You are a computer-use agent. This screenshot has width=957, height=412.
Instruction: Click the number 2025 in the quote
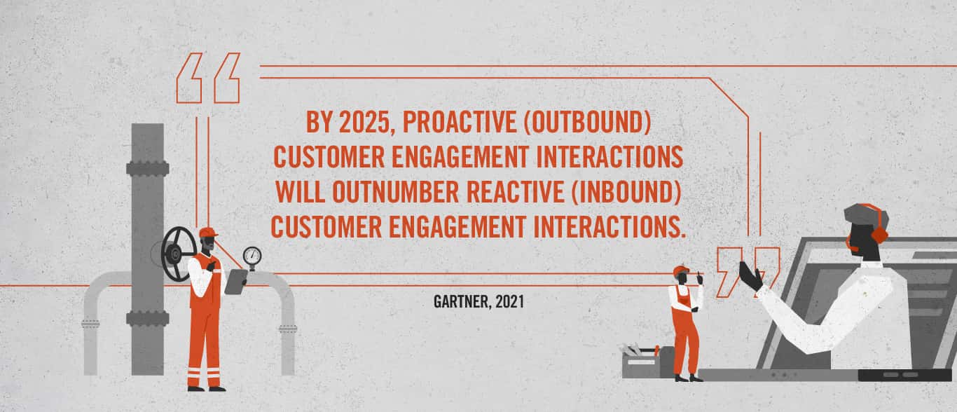pyautogui.click(x=364, y=122)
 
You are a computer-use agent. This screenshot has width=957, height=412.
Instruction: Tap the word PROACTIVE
pyautogui.click(x=460, y=122)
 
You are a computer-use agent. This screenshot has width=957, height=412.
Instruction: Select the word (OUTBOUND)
pyautogui.click(x=588, y=123)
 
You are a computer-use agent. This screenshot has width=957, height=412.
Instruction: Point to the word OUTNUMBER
pyautogui.click(x=395, y=192)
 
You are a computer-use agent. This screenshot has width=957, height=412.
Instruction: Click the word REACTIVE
pyautogui.click(x=515, y=192)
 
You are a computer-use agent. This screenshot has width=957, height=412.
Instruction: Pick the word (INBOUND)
pyautogui.click(x=626, y=192)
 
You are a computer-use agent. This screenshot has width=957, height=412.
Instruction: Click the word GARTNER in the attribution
pyautogui.click(x=462, y=302)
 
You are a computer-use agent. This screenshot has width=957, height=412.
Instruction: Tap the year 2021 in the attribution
pyautogui.click(x=510, y=302)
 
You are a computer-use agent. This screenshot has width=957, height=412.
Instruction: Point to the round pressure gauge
pyautogui.click(x=252, y=256)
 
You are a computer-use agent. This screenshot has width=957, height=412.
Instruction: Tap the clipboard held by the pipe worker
pyautogui.click(x=236, y=281)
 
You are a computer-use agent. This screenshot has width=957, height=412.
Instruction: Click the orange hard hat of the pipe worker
pyautogui.click(x=207, y=233)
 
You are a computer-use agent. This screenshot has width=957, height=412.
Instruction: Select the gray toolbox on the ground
pyautogui.click(x=647, y=362)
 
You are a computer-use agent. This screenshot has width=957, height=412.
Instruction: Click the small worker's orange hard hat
pyautogui.click(x=681, y=270)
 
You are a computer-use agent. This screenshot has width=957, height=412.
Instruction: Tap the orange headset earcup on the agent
pyautogui.click(x=880, y=235)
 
